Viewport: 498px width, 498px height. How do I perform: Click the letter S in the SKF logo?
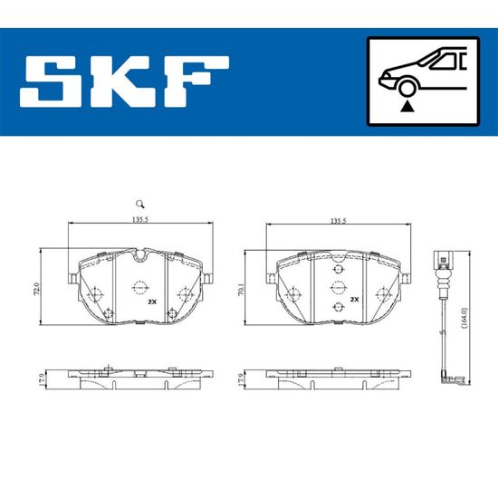point(52,81)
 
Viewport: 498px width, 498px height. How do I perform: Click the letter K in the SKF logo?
point(122,81)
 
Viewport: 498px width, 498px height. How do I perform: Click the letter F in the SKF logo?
point(196,81)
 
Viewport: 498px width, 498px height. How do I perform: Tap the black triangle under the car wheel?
point(407,107)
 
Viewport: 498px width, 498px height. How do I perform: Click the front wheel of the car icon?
point(407,89)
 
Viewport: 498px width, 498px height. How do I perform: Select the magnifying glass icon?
point(140,204)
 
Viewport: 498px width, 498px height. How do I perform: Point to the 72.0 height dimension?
point(37,289)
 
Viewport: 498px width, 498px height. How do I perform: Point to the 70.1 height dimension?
point(241,290)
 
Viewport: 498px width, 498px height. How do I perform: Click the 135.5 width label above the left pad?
point(140,219)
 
